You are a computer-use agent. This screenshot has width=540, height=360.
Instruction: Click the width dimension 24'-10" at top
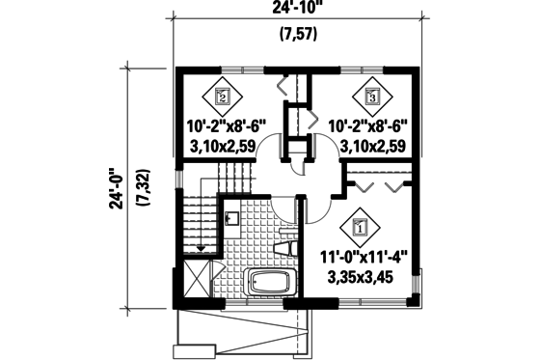click(x=296, y=13)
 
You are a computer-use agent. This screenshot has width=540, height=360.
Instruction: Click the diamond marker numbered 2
click(x=223, y=97)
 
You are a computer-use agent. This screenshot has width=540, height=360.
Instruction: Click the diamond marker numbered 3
click(x=371, y=97)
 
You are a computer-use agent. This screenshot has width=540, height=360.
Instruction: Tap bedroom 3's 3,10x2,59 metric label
click(x=371, y=146)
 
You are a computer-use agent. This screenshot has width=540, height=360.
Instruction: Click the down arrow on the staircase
click(x=201, y=249)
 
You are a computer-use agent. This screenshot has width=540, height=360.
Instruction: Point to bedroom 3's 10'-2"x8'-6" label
click(x=371, y=126)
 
